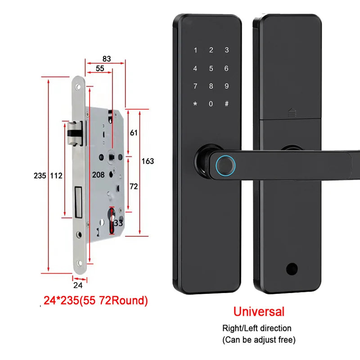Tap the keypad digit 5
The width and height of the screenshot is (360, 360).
pos(211,69)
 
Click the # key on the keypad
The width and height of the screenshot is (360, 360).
pos(226,104)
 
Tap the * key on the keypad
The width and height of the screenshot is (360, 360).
pos(195,104)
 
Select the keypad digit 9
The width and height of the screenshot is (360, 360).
pos(226,86)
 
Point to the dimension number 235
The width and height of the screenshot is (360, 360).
pos(40,175)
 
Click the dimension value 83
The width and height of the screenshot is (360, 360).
pos(106,59)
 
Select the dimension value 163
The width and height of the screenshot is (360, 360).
pos(147,161)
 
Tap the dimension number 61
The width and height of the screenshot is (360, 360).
pos(134,133)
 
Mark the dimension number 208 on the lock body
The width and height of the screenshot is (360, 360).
pos(98,175)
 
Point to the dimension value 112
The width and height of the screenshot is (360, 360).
pos(56,175)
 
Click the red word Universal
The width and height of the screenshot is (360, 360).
pos(259,311)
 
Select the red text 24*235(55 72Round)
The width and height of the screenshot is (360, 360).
pos(95,300)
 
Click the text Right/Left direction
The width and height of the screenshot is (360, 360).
pos(257,328)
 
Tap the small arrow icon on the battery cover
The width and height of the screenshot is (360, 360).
pos(291,114)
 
